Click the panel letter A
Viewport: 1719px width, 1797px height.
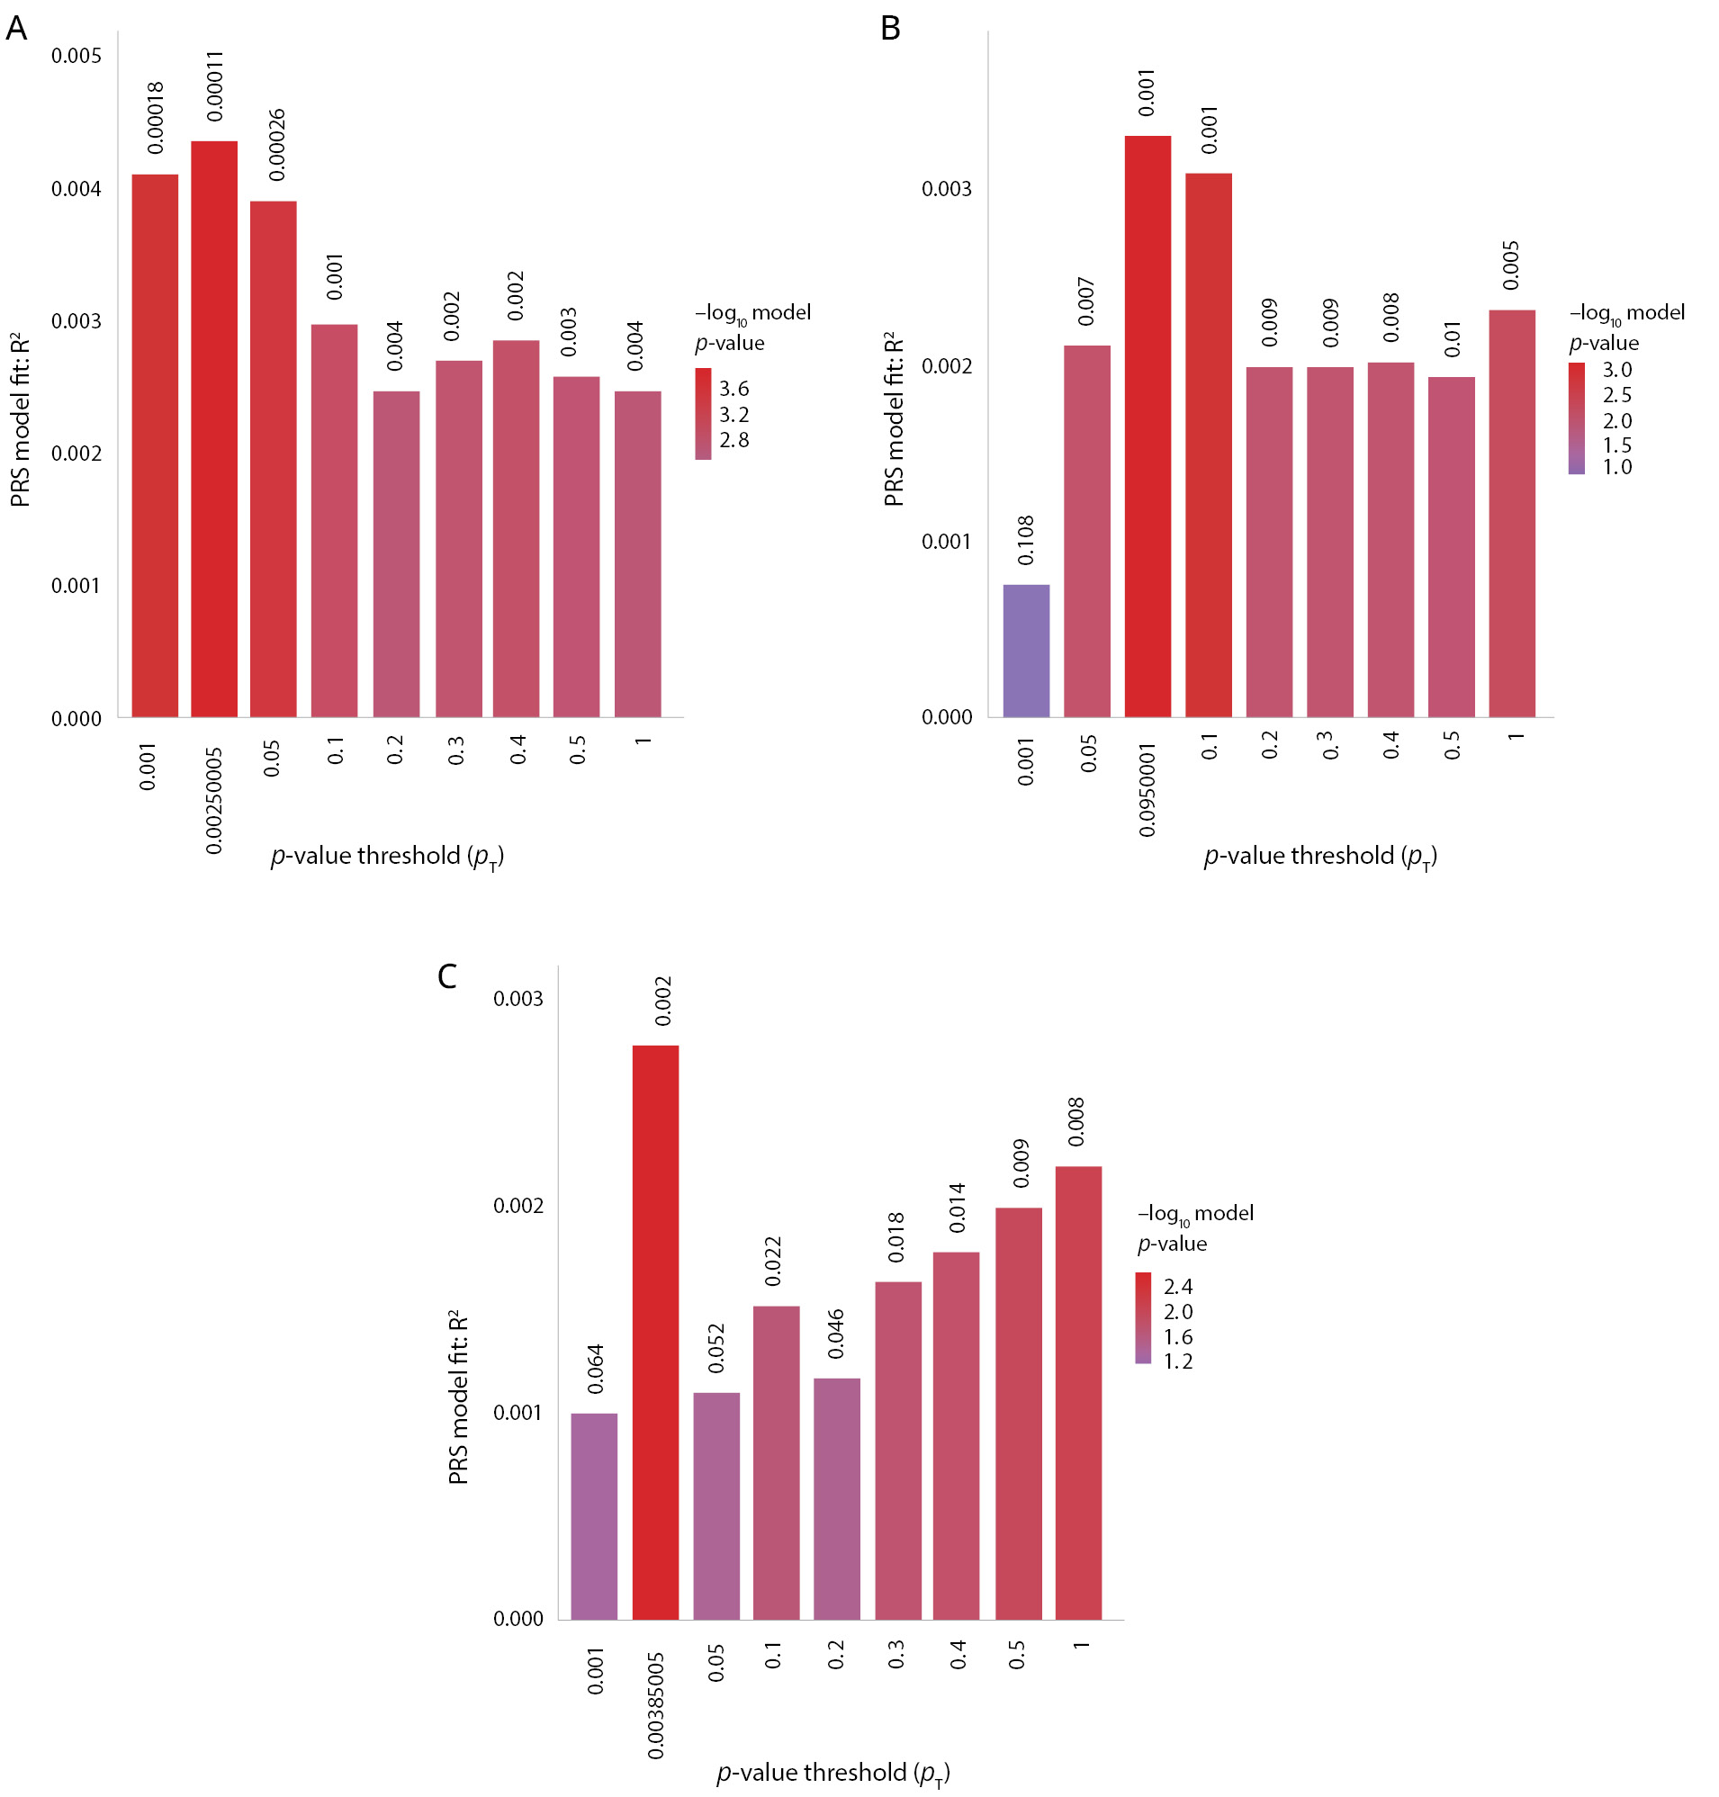coord(16,29)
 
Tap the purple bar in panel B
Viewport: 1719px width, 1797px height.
coord(1025,650)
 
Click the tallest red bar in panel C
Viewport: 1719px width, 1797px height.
coord(655,1333)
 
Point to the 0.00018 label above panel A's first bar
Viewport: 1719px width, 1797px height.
coord(155,117)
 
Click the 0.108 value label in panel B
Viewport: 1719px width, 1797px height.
coord(1025,540)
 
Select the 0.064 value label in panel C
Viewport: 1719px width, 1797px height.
coord(596,1368)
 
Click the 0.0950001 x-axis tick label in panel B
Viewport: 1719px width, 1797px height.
coord(1147,789)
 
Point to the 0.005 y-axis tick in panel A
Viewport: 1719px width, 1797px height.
coord(76,56)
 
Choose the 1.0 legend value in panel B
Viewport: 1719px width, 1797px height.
coord(1616,466)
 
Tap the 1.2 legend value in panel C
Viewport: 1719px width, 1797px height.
coord(1177,1361)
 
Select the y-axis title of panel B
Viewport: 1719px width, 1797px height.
coord(894,420)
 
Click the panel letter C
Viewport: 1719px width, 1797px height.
coord(446,976)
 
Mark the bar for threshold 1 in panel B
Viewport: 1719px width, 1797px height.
coord(1511,513)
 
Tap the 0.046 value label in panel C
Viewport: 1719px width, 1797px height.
coord(836,1334)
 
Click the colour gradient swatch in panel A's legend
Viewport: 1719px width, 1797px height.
coord(703,413)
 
